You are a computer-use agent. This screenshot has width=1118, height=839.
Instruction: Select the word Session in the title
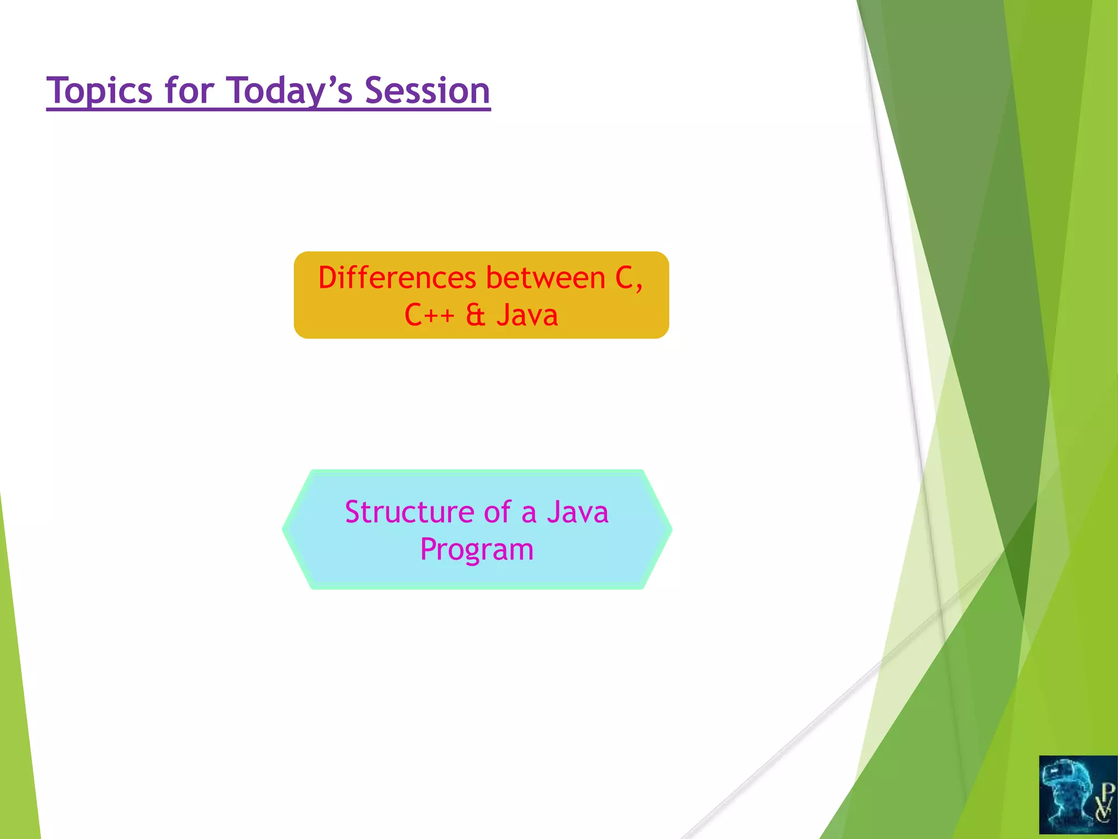(427, 91)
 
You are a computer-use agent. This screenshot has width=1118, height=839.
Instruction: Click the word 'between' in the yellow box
(545, 278)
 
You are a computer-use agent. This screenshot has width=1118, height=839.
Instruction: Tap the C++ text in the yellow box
(429, 315)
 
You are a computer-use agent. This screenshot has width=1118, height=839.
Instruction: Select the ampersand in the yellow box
(475, 315)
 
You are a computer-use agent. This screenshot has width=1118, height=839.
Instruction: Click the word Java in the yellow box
(527, 315)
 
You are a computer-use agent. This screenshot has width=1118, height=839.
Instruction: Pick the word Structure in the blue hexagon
(409, 512)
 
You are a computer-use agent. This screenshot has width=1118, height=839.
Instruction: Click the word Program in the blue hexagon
(477, 550)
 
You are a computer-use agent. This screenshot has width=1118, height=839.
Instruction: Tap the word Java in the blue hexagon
(578, 512)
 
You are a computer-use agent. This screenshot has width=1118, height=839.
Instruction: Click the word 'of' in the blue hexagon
(497, 512)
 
